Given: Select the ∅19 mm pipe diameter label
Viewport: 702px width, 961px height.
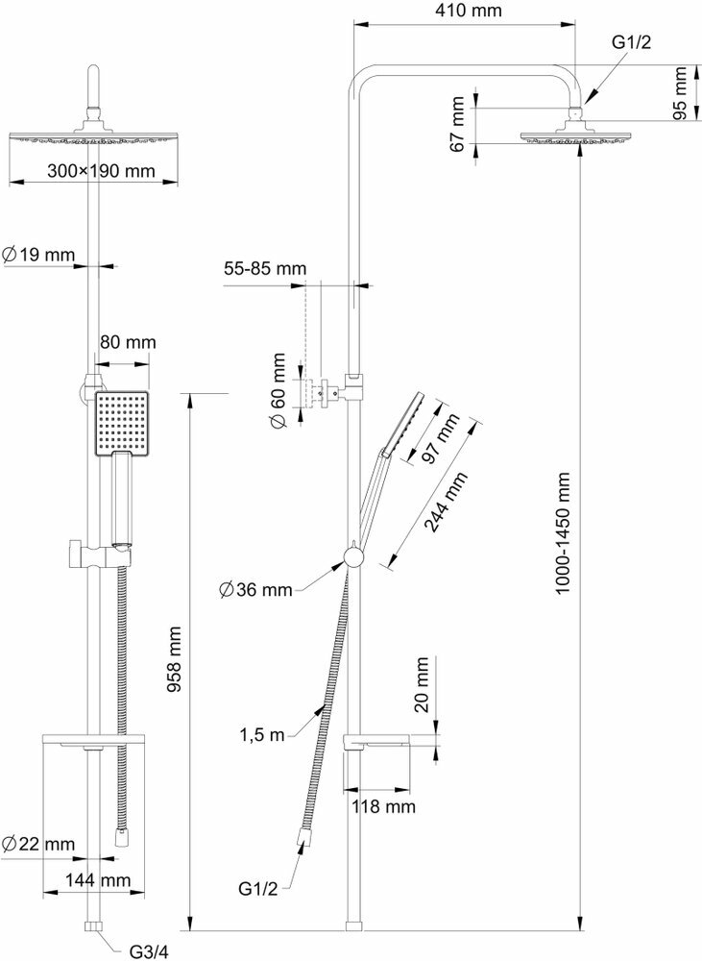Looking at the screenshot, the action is click(x=38, y=255).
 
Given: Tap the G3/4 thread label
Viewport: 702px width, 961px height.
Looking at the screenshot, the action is click(x=151, y=952).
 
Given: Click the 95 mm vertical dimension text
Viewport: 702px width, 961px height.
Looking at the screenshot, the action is click(x=681, y=93).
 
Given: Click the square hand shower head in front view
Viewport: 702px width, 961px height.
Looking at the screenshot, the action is click(x=121, y=424).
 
